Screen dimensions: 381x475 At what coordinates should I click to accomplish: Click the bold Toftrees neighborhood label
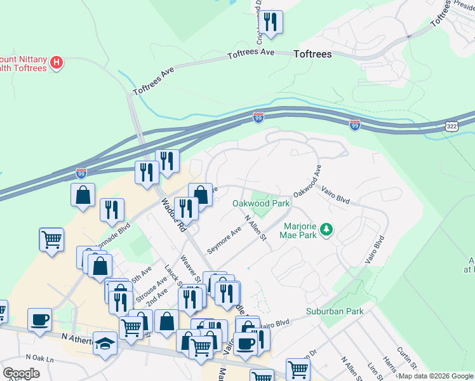click(312, 55)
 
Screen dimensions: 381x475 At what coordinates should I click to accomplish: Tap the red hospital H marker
click(57, 62)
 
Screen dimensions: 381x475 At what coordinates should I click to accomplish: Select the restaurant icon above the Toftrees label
click(271, 23)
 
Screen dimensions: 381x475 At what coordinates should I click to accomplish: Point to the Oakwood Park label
click(261, 204)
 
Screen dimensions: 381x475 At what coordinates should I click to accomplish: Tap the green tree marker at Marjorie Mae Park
click(327, 229)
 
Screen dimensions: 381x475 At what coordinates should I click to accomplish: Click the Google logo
click(21, 373)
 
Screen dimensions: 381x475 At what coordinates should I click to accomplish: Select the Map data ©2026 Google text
click(436, 376)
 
